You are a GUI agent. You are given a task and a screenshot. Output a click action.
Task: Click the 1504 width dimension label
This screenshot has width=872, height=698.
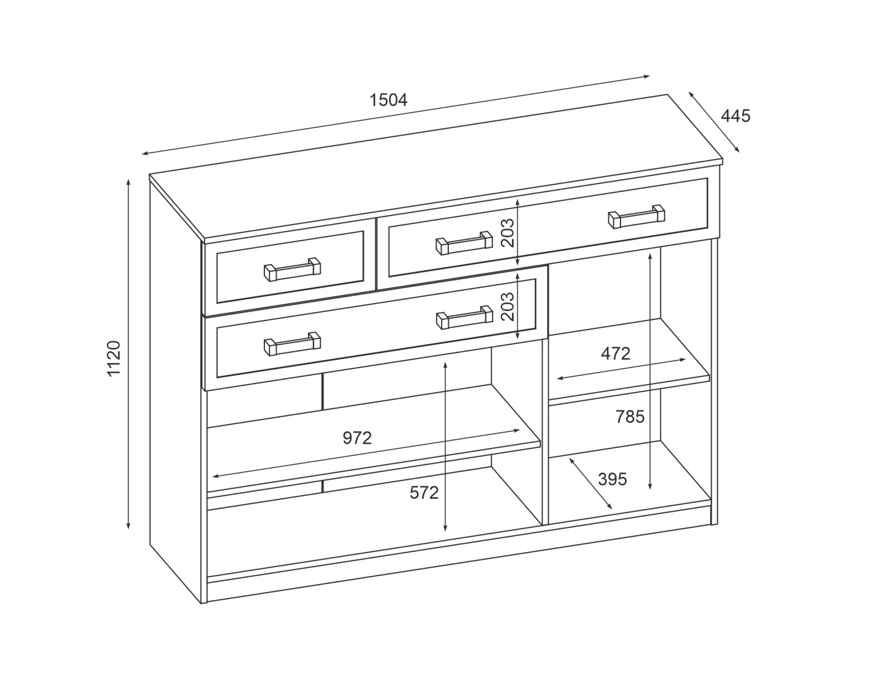click(388, 100)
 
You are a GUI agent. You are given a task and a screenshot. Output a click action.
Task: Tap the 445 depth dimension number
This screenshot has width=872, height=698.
click(736, 116)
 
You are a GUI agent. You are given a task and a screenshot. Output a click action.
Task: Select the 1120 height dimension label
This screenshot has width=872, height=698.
click(114, 358)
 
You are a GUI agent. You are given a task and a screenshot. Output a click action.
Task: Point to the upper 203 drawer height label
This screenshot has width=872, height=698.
click(508, 233)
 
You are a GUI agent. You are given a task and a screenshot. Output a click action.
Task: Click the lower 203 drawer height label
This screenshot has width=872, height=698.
click(508, 307)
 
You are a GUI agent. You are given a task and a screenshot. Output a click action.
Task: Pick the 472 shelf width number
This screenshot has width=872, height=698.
click(615, 354)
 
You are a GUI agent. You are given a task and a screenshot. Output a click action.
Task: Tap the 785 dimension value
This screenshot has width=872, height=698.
click(630, 417)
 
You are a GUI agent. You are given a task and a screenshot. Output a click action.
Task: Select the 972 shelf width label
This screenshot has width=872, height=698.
click(357, 438)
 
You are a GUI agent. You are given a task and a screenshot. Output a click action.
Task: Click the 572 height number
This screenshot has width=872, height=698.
click(424, 493)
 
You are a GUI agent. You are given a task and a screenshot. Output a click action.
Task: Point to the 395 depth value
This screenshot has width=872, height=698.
click(612, 479)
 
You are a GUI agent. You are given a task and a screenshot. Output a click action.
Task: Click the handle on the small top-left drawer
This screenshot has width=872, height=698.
click(292, 269)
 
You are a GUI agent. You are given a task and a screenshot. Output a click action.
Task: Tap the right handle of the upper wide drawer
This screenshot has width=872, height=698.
click(636, 217)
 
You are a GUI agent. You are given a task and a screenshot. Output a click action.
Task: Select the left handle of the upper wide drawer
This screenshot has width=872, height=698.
click(464, 243)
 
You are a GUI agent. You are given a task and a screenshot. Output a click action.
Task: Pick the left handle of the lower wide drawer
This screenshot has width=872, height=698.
click(292, 344)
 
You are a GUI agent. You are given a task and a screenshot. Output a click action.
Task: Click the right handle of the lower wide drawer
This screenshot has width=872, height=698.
click(465, 317)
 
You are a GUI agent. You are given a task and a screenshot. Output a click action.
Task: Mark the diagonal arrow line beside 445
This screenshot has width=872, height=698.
click(714, 122)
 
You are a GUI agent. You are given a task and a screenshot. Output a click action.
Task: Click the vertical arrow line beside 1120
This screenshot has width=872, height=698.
click(129, 354)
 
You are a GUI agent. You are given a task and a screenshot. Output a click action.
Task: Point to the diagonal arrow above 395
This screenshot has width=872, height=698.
click(590, 484)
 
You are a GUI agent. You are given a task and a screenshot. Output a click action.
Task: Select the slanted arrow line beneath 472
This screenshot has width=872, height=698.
click(621, 369)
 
